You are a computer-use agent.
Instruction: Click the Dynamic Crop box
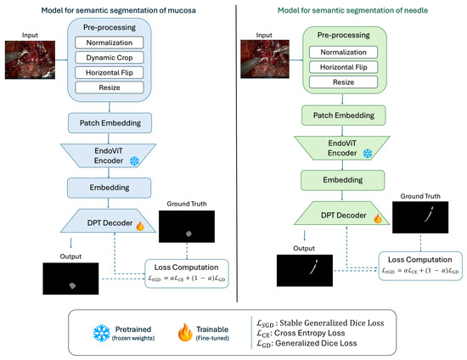coord(110,58)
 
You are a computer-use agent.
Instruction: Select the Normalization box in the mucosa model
coord(110,42)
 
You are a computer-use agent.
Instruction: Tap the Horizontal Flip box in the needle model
coord(343,67)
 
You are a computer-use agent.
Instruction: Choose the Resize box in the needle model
coord(343,82)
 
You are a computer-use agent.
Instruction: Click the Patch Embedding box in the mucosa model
coord(110,122)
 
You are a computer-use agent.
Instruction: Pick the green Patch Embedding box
coord(343,115)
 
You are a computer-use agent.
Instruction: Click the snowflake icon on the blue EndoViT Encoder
coord(134,161)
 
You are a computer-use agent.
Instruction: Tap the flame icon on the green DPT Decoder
coord(378,218)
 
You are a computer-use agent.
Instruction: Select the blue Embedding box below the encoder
coord(109,188)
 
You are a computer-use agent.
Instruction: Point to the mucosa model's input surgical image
coord(30,59)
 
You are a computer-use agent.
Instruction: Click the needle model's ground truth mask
coord(420,217)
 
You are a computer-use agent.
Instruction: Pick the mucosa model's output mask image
coord(70,278)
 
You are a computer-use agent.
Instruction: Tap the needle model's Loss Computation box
coord(420,266)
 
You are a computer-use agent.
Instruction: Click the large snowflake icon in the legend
coord(102,333)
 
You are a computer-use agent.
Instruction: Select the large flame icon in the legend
coord(185,332)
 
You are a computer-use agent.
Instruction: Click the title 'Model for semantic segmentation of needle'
coord(352,10)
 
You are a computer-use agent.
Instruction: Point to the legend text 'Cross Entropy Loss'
coord(309,333)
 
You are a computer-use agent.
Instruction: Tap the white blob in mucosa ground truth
coord(188,233)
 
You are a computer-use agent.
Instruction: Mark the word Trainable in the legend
coord(212,329)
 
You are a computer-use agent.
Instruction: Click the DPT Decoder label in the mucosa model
coord(110,222)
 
